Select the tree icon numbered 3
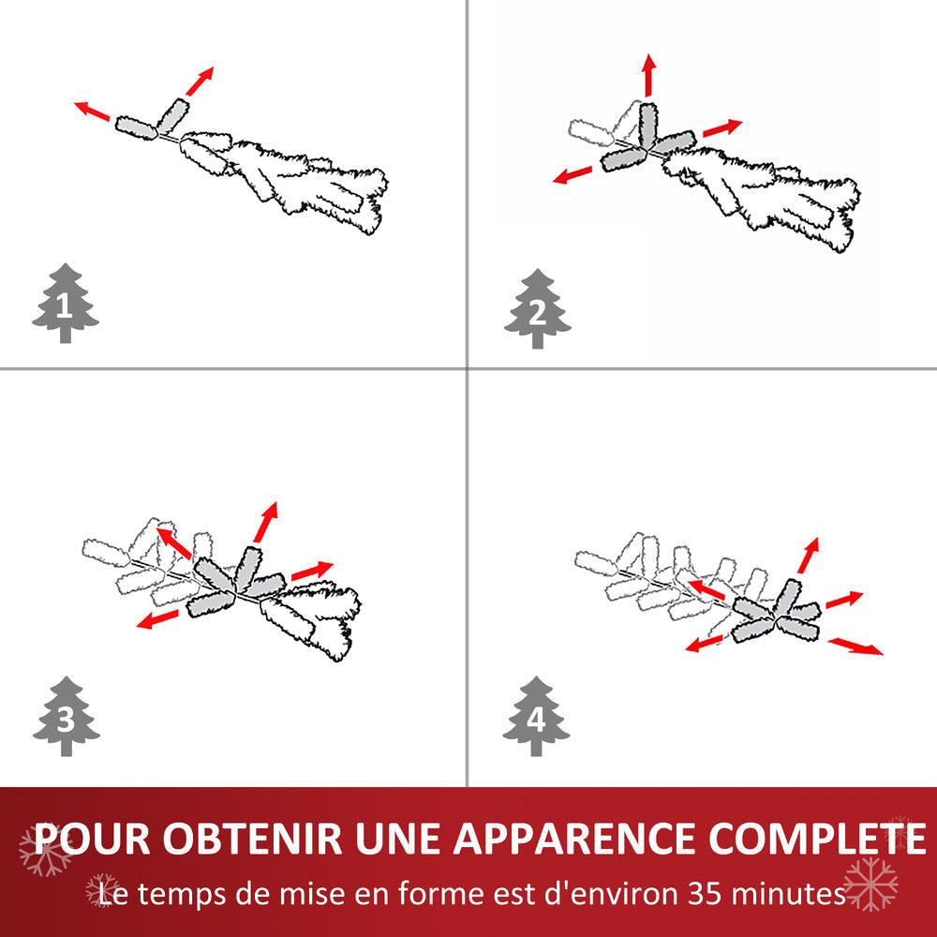66,717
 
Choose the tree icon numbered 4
536,717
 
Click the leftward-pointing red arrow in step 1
92,112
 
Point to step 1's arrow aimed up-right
199,82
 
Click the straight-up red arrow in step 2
647,75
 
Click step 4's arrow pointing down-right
855,647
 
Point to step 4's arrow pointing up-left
708,590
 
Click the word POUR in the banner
92,838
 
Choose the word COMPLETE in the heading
816,838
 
